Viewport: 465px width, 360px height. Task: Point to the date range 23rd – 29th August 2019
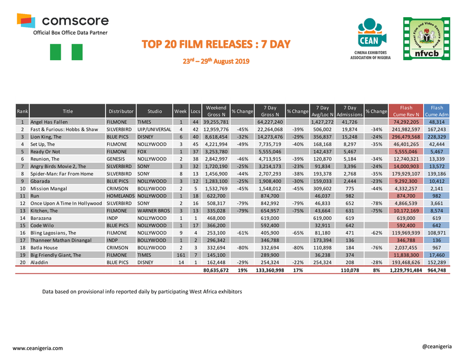[218, 61]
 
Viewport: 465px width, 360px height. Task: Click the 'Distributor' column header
[120, 111]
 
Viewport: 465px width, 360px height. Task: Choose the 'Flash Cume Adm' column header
[437, 111]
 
